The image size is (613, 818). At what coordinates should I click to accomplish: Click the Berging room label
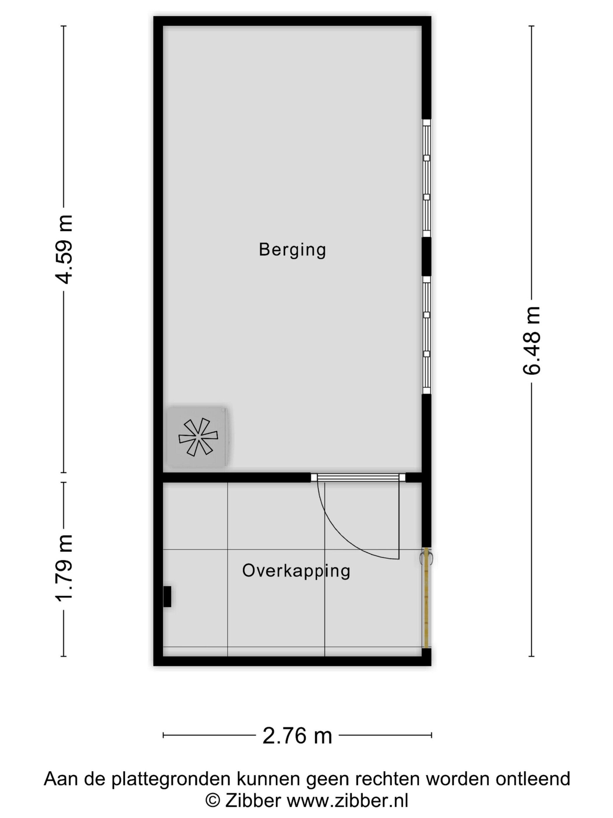pyautogui.click(x=292, y=250)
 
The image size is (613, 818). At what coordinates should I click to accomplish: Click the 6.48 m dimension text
pyautogui.click(x=531, y=341)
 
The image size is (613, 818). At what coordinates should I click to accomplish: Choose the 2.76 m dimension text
pyautogui.click(x=297, y=735)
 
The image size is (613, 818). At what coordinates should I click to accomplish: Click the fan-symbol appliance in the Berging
pyautogui.click(x=198, y=437)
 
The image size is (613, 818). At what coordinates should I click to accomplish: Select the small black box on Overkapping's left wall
pyautogui.click(x=167, y=597)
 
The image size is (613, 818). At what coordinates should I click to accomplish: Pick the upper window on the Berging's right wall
pyautogui.click(x=426, y=178)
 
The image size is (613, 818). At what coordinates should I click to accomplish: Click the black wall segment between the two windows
pyautogui.click(x=426, y=256)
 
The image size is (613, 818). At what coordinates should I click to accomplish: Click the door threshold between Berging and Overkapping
pyautogui.click(x=358, y=477)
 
